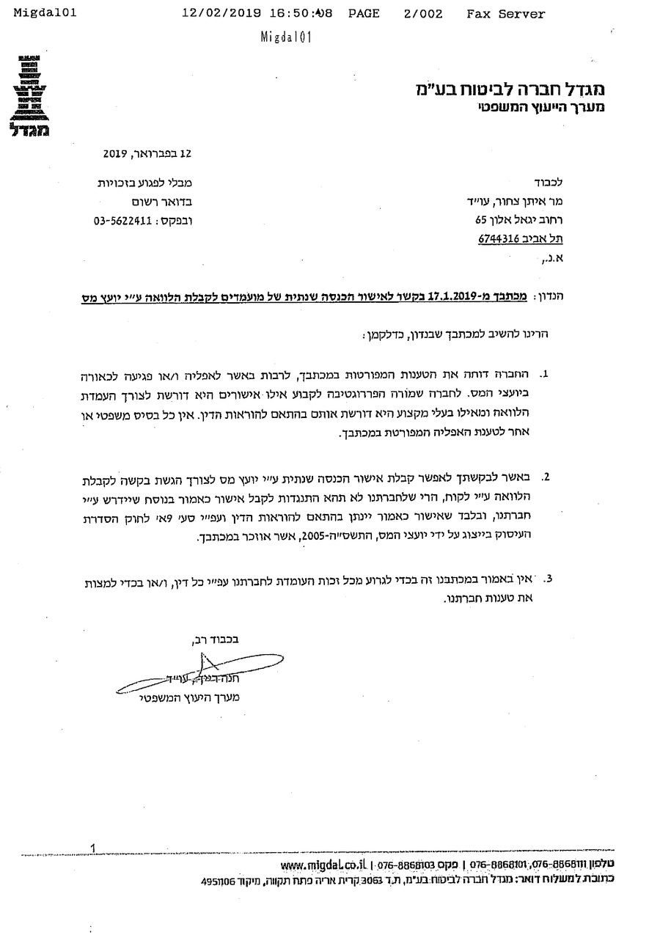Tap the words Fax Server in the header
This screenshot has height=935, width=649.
click(505, 14)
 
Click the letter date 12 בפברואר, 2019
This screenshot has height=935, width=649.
click(147, 154)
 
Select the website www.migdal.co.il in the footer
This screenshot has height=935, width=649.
click(323, 865)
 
